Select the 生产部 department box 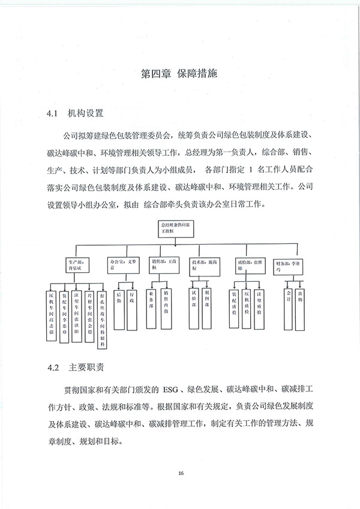click(80, 265)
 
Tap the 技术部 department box click(204, 265)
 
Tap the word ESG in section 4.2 click(170, 389)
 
